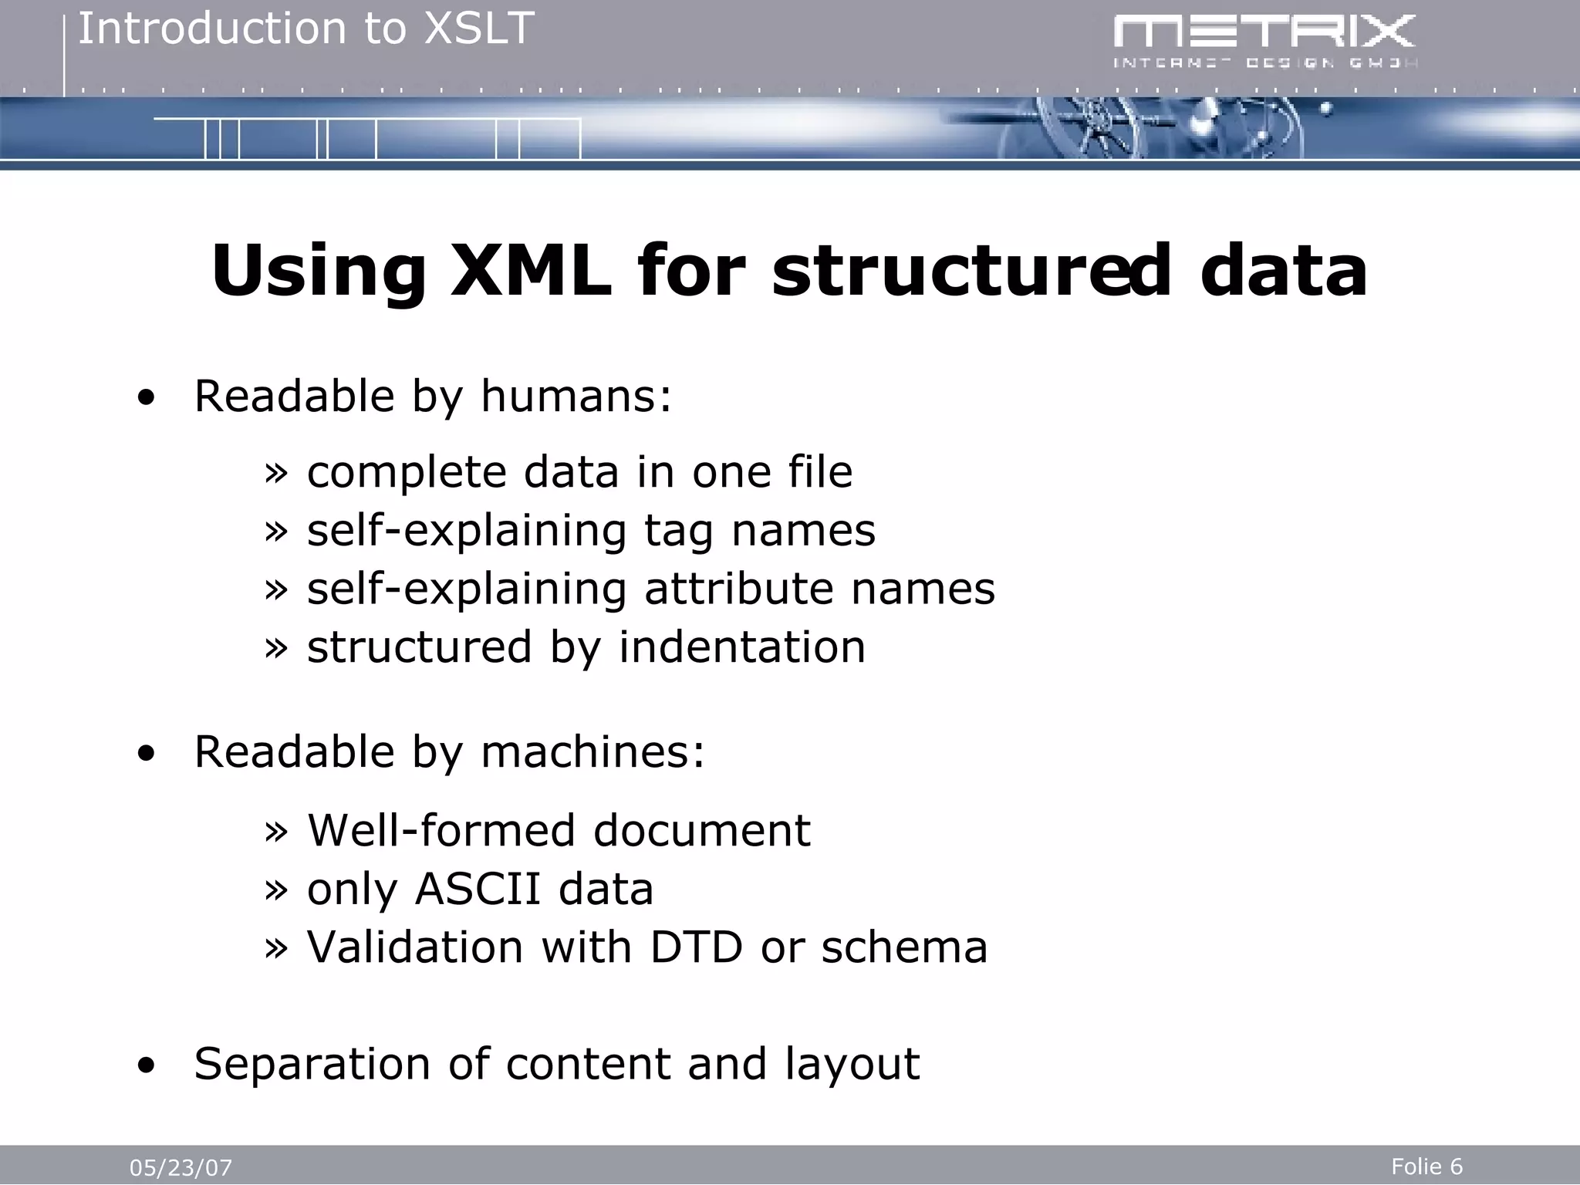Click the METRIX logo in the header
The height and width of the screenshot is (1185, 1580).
coord(1265,40)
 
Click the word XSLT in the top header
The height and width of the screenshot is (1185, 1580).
coord(480,29)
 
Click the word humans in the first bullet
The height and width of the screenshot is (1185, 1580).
coord(576,397)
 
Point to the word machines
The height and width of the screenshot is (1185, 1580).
coord(592,752)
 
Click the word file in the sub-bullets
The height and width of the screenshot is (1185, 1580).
coord(820,472)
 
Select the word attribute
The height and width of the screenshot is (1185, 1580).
coord(738,589)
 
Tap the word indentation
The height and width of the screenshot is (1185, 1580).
coord(741,647)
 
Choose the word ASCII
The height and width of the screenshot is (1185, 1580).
coord(478,890)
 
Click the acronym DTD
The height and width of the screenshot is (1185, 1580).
coord(696,947)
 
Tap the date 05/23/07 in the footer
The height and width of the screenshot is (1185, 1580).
coord(181,1168)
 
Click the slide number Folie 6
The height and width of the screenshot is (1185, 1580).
coord(1426,1166)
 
